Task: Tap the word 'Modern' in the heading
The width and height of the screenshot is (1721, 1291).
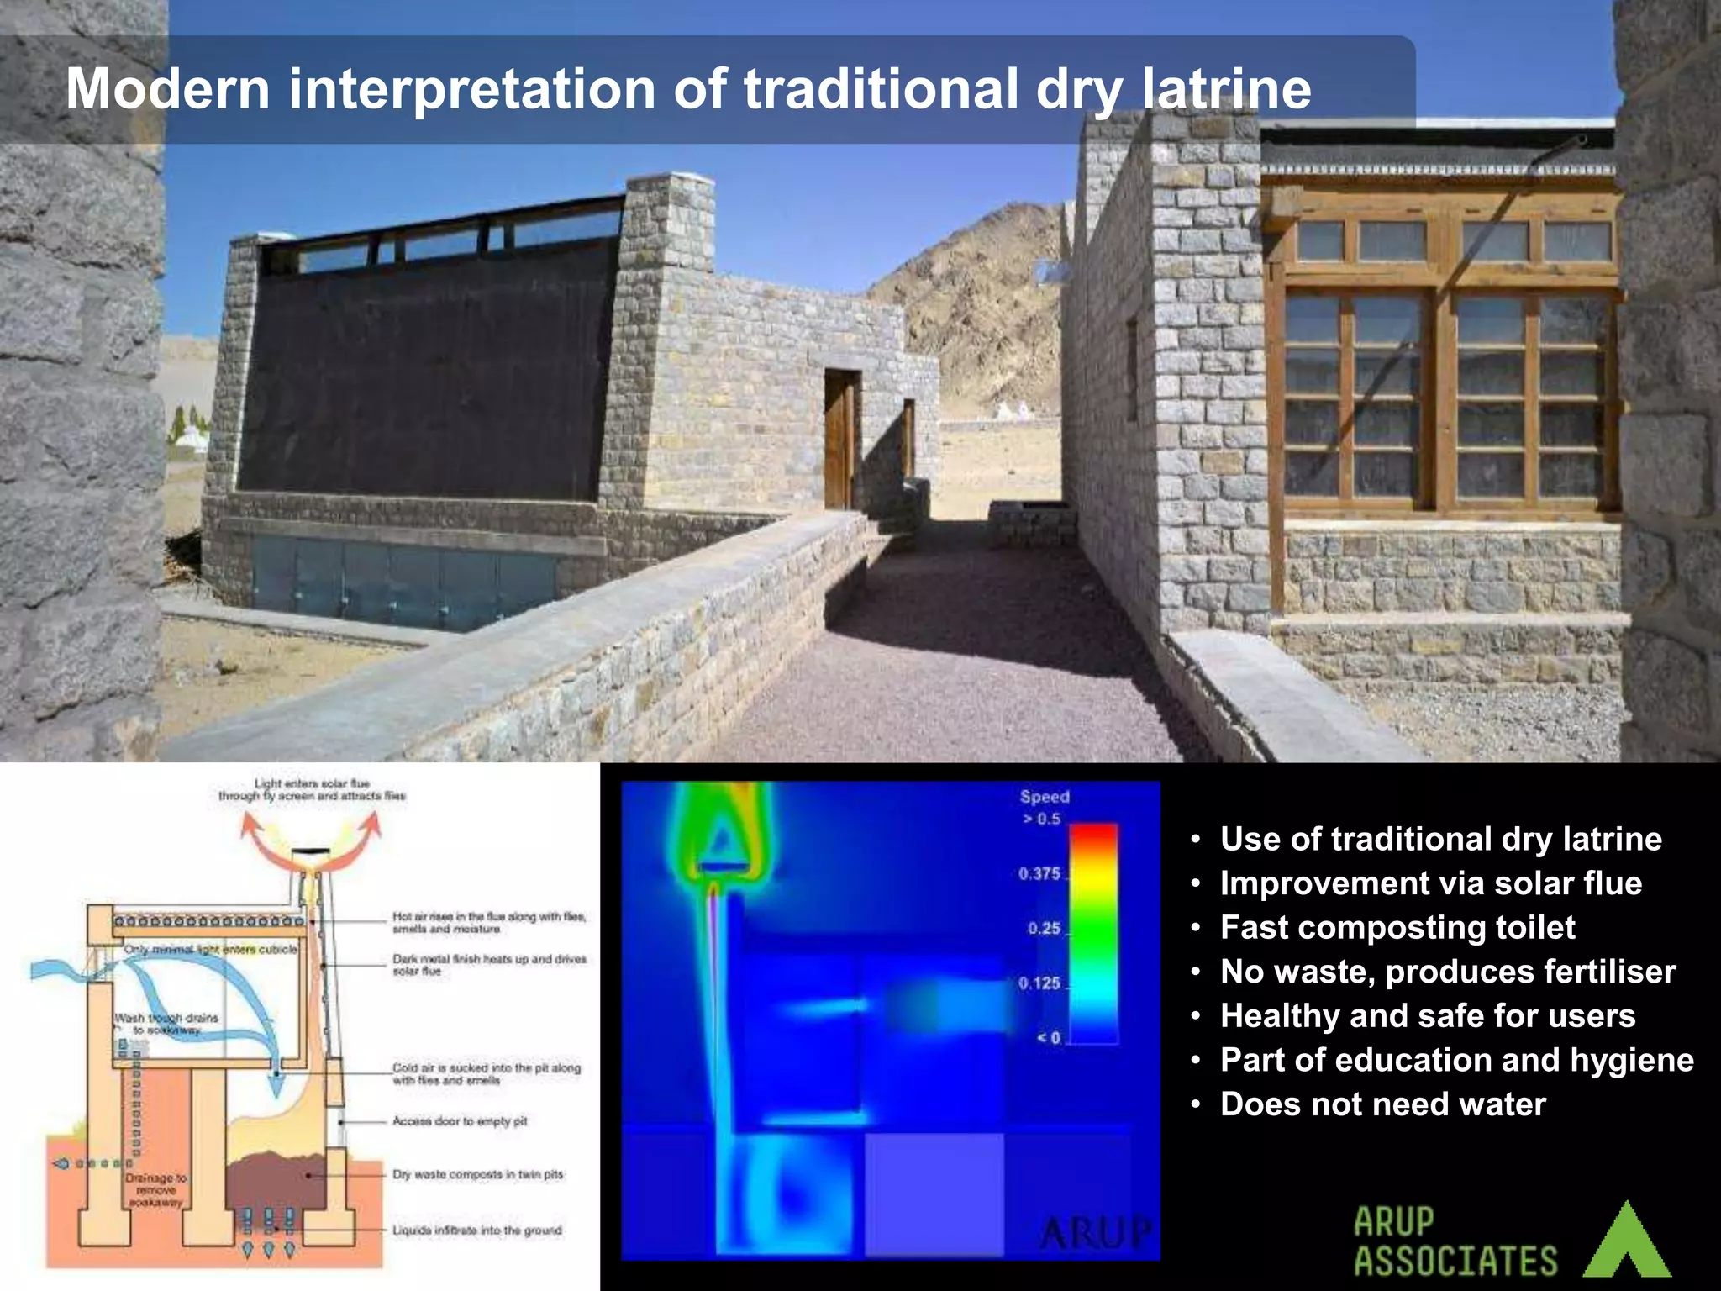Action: pyautogui.click(x=168, y=88)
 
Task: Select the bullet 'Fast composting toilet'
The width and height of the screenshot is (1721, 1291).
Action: pyautogui.click(x=1397, y=927)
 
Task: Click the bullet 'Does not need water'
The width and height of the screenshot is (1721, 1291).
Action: pyautogui.click(x=1382, y=1104)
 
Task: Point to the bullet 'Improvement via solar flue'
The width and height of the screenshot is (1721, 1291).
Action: pyautogui.click(x=1430, y=883)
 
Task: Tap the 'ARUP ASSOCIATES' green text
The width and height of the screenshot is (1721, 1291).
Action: pyautogui.click(x=1455, y=1242)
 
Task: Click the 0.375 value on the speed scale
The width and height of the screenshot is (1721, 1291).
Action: pyautogui.click(x=1039, y=874)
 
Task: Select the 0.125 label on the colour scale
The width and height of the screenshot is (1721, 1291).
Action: pyautogui.click(x=1039, y=983)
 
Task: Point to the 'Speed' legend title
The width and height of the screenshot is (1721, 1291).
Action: pyautogui.click(x=1045, y=796)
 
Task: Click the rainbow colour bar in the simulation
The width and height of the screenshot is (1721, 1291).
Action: pyautogui.click(x=1092, y=933)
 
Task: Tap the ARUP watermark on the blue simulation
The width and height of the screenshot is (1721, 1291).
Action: pyautogui.click(x=1095, y=1234)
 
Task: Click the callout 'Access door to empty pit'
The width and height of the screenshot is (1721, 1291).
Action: pyautogui.click(x=460, y=1121)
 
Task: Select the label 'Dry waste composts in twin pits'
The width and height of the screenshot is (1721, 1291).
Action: pyautogui.click(x=477, y=1174)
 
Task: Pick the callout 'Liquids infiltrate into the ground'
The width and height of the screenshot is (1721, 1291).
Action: pyautogui.click(x=476, y=1230)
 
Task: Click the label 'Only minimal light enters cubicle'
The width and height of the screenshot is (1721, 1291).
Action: pyautogui.click(x=210, y=949)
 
